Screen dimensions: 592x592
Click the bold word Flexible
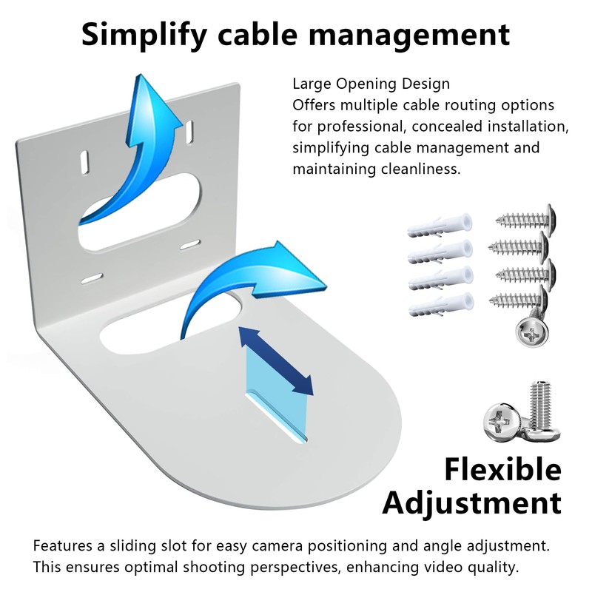coord(502,469)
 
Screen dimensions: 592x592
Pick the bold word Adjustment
coord(472,503)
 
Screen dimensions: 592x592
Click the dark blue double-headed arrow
coord(275,363)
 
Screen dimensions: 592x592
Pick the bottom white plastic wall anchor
coord(440,303)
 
